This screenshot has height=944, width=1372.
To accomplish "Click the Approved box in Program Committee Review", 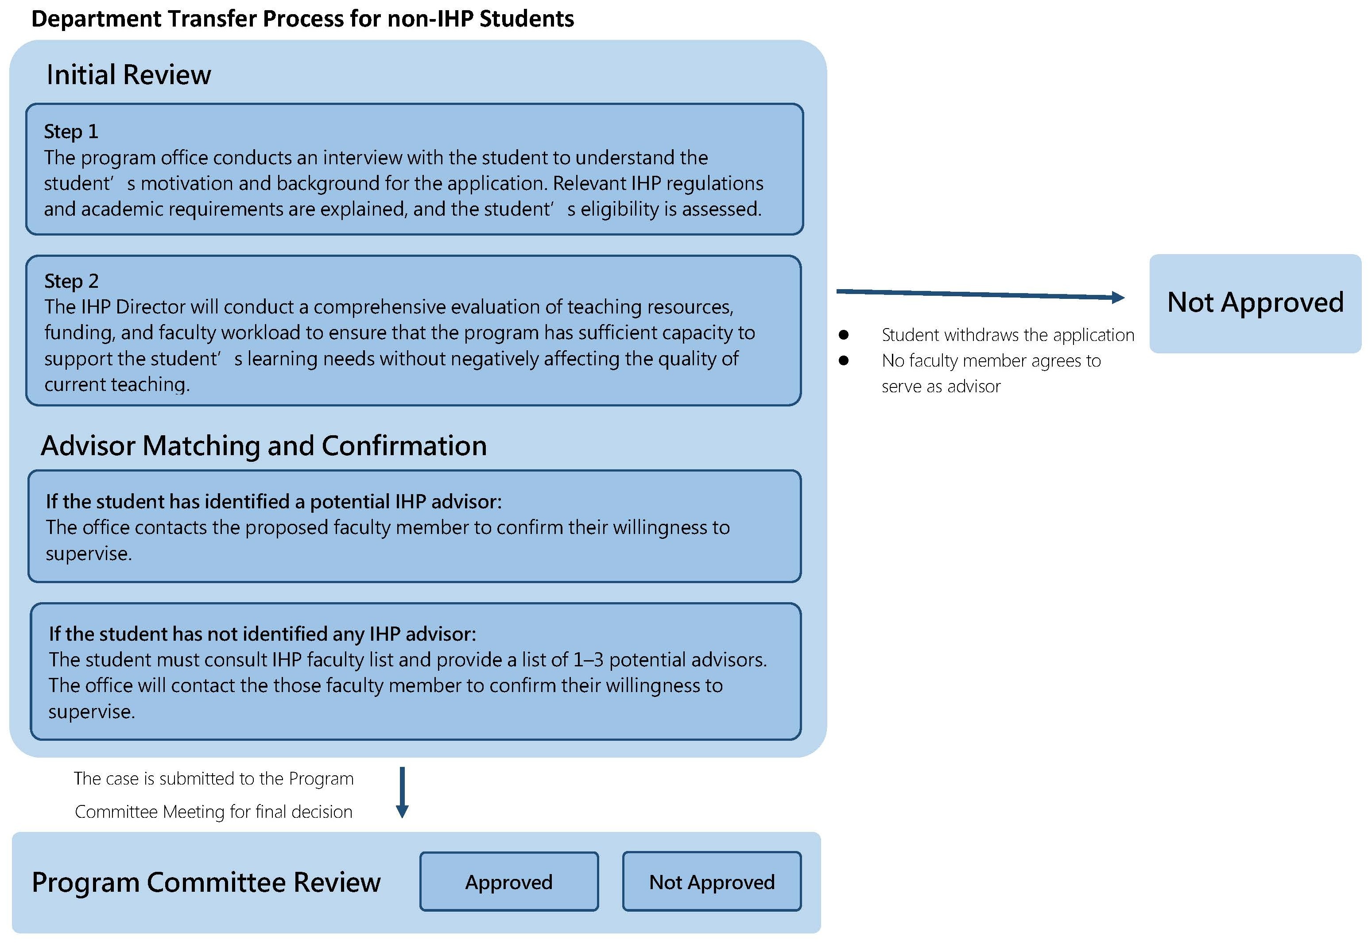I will (508, 882).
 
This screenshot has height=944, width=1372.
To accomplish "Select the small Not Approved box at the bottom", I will (711, 882).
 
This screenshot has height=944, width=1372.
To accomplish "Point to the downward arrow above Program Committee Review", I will (402, 793).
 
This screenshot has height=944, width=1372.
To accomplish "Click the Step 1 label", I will (71, 132).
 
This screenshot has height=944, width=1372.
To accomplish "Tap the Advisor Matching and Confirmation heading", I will (263, 445).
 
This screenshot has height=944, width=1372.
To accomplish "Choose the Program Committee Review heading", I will (206, 882).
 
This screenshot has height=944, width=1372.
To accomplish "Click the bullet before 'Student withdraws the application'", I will (844, 335).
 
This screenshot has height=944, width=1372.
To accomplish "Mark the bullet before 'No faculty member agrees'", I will (844, 360).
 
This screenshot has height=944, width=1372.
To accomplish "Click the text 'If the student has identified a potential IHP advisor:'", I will (273, 502).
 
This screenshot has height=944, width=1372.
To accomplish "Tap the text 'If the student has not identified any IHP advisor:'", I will (262, 634).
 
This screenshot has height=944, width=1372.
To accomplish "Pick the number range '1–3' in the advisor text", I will (588, 659).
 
